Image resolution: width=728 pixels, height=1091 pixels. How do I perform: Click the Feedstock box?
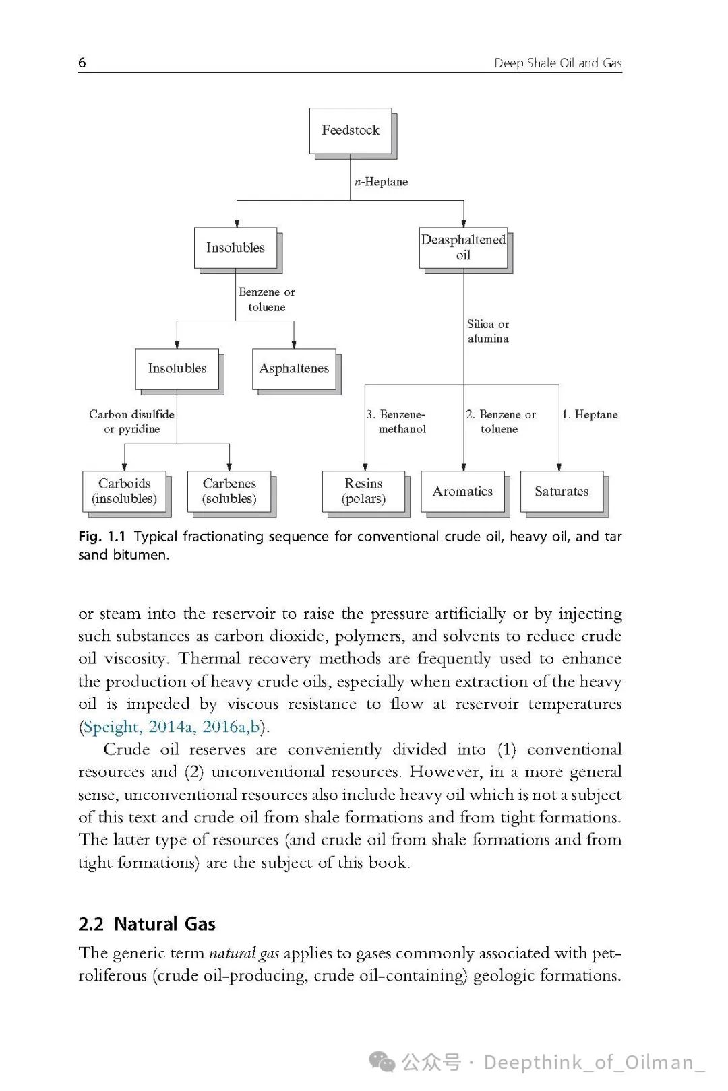click(x=351, y=131)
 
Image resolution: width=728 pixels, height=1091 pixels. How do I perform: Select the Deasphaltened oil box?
click(x=463, y=248)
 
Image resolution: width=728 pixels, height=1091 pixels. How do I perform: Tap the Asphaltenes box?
click(x=294, y=368)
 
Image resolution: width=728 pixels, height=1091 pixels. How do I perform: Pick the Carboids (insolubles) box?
click(x=124, y=491)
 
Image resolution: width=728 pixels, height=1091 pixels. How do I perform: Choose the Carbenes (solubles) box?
click(x=229, y=491)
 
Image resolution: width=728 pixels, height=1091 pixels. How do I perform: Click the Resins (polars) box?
click(x=364, y=491)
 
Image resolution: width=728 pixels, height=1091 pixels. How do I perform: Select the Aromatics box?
click(x=462, y=491)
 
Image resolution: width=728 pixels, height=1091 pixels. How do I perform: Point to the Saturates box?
click(x=562, y=491)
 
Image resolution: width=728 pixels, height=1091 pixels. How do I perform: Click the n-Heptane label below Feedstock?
click(x=381, y=182)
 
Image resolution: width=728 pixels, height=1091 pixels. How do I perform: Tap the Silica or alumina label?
click(x=488, y=331)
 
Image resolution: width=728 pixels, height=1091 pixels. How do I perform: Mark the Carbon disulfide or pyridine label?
click(x=132, y=422)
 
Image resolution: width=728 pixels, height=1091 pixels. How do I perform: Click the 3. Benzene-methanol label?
click(x=398, y=422)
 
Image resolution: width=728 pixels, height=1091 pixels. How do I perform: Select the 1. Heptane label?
click(x=590, y=414)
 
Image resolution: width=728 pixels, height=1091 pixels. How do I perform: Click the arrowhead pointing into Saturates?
click(x=559, y=467)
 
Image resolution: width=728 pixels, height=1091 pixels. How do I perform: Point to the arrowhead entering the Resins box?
click(x=365, y=467)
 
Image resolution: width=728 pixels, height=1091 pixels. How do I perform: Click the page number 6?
click(x=82, y=63)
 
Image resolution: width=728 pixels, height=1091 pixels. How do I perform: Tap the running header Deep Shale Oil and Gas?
click(x=557, y=63)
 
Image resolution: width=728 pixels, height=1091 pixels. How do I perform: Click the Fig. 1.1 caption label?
click(x=102, y=537)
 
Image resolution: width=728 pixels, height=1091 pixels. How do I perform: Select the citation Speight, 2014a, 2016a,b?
click(x=173, y=727)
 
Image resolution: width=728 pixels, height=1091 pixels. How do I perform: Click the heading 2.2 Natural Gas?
click(x=147, y=923)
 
